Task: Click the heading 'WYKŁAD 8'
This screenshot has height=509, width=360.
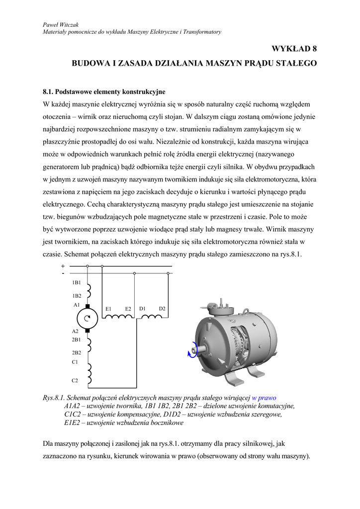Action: click(x=294, y=49)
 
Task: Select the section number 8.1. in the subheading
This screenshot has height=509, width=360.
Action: click(x=48, y=91)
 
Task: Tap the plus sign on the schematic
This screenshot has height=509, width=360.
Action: click(x=63, y=266)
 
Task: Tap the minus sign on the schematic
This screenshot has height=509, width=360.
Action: click(x=63, y=273)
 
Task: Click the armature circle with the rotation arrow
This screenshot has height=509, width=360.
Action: click(x=87, y=318)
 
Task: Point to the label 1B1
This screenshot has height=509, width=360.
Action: click(x=76, y=283)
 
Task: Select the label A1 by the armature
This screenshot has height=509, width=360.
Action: click(x=76, y=304)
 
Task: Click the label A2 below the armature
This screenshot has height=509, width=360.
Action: click(x=75, y=331)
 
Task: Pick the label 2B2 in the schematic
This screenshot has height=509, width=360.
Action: click(x=76, y=352)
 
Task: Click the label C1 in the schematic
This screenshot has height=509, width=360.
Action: click(x=75, y=362)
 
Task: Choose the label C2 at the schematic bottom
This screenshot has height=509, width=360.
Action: click(x=75, y=380)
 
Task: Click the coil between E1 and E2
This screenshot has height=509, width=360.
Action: click(x=118, y=316)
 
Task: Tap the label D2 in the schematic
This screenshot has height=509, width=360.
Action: click(x=162, y=309)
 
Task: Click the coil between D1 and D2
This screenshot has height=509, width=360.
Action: click(x=152, y=316)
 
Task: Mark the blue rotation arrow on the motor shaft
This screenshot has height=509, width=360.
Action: click(x=191, y=351)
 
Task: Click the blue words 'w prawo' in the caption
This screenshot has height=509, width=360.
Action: click(x=264, y=398)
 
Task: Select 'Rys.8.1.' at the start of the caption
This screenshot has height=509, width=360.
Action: click(x=54, y=398)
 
